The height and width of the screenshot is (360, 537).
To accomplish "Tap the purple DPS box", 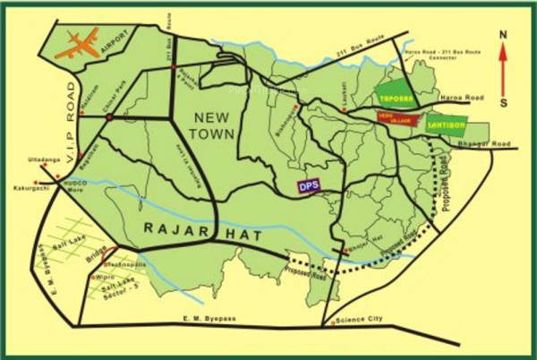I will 308,186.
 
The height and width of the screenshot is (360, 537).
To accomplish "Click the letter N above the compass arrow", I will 503,35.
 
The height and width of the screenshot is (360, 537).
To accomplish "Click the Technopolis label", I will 124,265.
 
